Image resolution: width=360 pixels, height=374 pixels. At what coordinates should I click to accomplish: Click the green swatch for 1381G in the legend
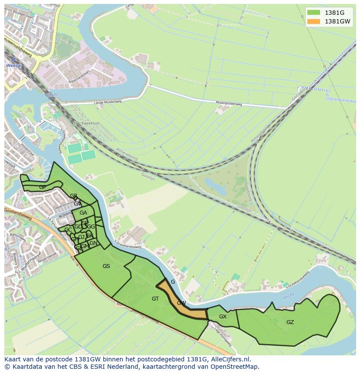coord(313,13)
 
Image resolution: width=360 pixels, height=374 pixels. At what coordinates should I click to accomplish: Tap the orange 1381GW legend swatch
coord(313,21)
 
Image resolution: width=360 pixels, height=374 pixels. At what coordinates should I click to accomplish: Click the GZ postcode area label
coord(290,322)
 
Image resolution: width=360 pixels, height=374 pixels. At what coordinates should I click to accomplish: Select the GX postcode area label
coord(223,317)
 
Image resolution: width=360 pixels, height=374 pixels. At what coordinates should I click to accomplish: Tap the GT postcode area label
coord(155,298)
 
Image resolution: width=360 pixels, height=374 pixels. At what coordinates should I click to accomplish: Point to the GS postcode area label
coord(106,266)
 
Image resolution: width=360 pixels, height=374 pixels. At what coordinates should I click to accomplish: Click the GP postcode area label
coord(43,187)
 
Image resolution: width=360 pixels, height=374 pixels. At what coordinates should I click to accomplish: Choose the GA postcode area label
coord(83,213)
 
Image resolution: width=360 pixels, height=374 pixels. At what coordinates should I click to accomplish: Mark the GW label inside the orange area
coord(181,303)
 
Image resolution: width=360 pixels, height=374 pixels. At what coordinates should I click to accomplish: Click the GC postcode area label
coord(68,230)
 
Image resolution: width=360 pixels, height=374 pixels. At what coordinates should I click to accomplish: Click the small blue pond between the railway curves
coord(215,186)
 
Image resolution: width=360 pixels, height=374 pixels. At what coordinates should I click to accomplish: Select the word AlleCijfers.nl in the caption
coord(229,359)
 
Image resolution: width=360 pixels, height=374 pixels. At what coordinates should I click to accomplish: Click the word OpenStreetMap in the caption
coord(237,367)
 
